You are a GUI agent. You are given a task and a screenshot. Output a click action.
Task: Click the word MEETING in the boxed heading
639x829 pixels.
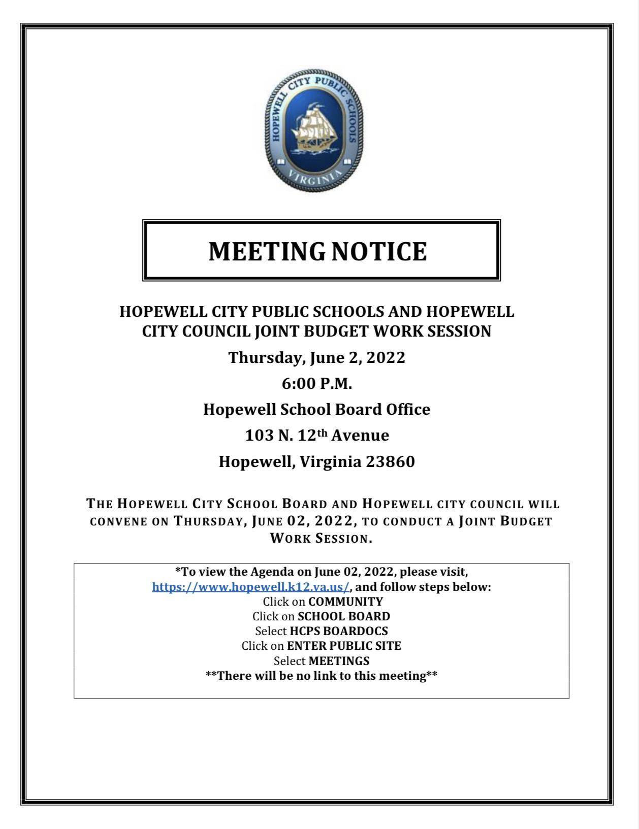tap(267, 251)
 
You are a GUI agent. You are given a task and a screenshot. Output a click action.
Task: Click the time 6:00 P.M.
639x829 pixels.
tap(317, 384)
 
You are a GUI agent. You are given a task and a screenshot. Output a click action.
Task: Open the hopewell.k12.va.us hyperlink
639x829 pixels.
tap(251, 587)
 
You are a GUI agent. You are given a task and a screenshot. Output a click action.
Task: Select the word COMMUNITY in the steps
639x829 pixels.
tap(345, 602)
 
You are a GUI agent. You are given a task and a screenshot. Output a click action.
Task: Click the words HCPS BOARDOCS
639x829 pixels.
tap(339, 631)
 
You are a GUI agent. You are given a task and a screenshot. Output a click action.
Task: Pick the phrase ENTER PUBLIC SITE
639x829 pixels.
tap(344, 646)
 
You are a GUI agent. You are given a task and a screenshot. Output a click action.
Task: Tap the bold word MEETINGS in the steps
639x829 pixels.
tap(339, 661)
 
